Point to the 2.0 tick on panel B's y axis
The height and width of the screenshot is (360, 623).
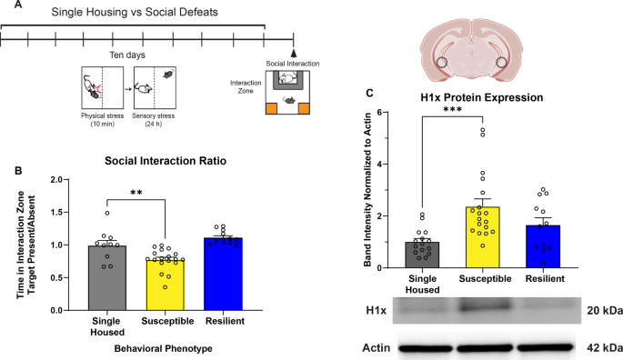click(69, 180)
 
